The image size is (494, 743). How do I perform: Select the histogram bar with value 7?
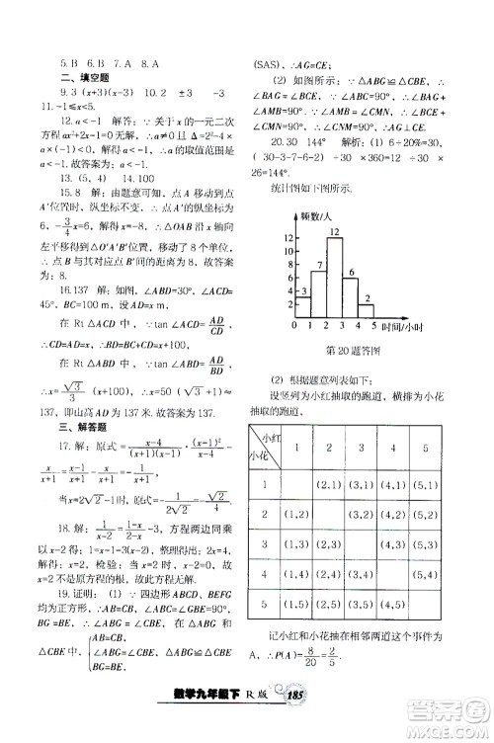[x=316, y=287]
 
